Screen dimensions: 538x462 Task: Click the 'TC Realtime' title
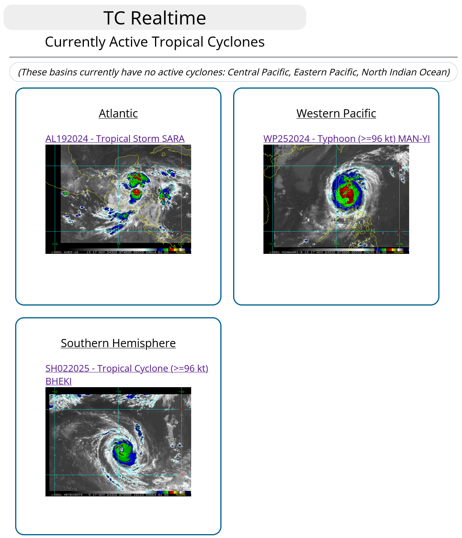tap(155, 18)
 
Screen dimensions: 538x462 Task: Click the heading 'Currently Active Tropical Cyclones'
tap(155, 42)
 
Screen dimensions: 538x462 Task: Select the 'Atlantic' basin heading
tap(118, 114)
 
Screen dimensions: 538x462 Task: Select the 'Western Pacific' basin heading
tap(336, 114)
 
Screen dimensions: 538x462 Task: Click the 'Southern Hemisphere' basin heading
tap(118, 343)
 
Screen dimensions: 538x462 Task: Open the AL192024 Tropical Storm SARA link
tap(115, 139)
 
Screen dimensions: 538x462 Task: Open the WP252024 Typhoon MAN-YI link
tap(346, 139)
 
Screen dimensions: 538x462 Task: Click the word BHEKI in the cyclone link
tap(59, 381)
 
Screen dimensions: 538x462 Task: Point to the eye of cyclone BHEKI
tap(122, 449)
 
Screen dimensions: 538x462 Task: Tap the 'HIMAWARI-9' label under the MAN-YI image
tap(291, 252)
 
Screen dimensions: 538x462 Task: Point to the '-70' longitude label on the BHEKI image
tap(119, 391)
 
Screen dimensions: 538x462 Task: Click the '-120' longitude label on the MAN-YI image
tap(336, 244)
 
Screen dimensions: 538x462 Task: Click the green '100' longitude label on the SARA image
tap(55, 244)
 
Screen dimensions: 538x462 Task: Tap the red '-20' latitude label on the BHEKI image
tap(181, 475)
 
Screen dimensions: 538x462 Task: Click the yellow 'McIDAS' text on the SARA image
tap(181, 252)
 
